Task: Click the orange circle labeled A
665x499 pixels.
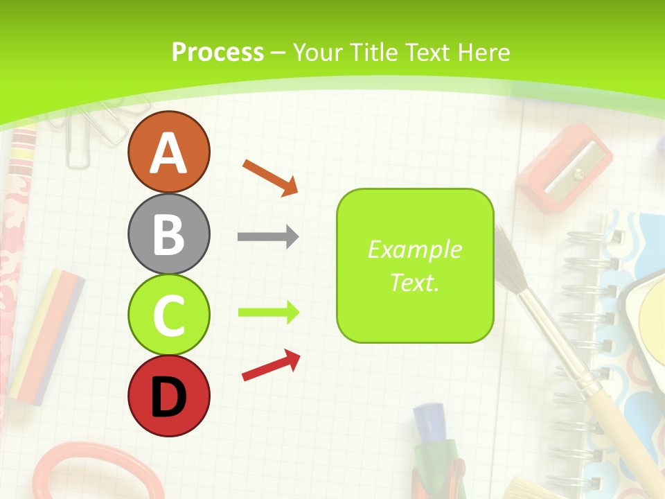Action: click(168, 152)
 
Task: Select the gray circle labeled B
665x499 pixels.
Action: click(168, 234)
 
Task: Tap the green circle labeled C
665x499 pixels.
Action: click(168, 315)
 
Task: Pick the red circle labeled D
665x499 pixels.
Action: click(168, 396)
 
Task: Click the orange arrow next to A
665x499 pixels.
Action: click(270, 177)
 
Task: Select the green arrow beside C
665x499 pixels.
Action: click(268, 313)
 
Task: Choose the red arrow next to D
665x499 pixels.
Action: click(271, 365)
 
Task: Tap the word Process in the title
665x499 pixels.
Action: click(218, 52)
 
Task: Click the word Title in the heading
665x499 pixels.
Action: click(374, 52)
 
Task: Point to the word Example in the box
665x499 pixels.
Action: click(415, 249)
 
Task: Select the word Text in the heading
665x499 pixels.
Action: click(427, 52)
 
